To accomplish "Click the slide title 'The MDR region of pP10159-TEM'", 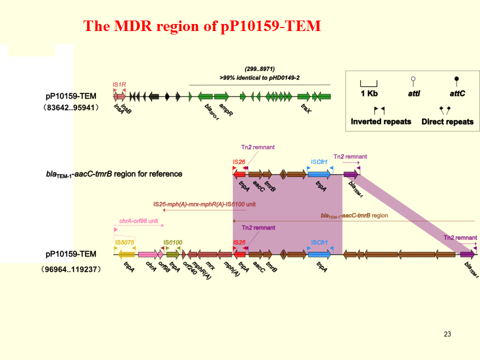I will (x=202, y=26).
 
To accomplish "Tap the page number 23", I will (x=447, y=334).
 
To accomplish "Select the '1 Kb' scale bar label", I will (x=369, y=93).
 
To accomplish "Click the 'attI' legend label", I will (x=412, y=93).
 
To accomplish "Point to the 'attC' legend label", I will (x=457, y=93).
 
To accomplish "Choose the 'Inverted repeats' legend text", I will (x=380, y=121).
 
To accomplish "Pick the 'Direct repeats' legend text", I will (x=447, y=121).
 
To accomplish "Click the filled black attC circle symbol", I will (x=456, y=79).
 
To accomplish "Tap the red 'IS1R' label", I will (x=119, y=84).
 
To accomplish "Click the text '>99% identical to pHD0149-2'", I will (x=259, y=77).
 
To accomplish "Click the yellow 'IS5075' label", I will (x=125, y=242).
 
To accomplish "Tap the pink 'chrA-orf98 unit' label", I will (x=138, y=220).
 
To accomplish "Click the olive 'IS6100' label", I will (x=173, y=242).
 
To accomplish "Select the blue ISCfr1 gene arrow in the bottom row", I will (x=319, y=254).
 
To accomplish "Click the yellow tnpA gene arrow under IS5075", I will (x=126, y=254).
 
